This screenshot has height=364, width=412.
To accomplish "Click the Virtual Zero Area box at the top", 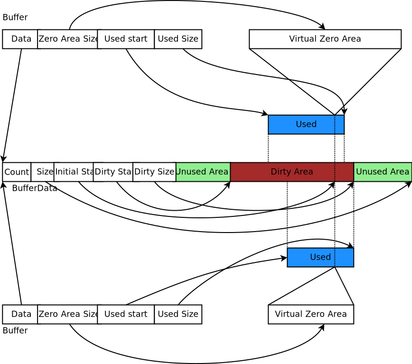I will click(x=325, y=39).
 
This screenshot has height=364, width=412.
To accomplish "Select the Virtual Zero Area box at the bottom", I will click(x=311, y=314).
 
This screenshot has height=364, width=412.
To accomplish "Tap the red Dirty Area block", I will click(x=292, y=172).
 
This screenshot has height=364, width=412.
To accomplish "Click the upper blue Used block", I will click(x=306, y=124).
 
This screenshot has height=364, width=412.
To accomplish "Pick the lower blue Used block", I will click(x=320, y=257).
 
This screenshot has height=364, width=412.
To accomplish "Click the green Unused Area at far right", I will click(x=383, y=172).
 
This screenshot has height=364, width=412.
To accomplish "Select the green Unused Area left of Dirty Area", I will click(x=203, y=172).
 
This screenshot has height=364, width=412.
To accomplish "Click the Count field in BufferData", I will click(x=17, y=172).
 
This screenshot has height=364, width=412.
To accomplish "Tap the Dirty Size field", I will click(x=154, y=172).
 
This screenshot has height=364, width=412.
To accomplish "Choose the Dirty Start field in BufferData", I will click(x=113, y=172).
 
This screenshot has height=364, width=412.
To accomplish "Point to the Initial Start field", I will click(x=74, y=172).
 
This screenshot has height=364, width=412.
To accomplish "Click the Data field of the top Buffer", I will click(x=20, y=39).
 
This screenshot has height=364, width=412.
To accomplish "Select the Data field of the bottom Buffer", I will click(x=20, y=314).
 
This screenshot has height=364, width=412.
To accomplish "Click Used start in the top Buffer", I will click(x=126, y=39).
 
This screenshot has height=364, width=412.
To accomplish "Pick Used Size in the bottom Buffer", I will click(x=178, y=314).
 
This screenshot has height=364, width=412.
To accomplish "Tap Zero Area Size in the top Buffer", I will click(x=67, y=39).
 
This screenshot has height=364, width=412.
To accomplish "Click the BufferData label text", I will click(x=34, y=188).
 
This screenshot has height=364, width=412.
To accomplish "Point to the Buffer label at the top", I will click(x=15, y=18).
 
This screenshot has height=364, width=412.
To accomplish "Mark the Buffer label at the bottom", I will click(x=15, y=331).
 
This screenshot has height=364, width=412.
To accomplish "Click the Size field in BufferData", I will click(x=44, y=172).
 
